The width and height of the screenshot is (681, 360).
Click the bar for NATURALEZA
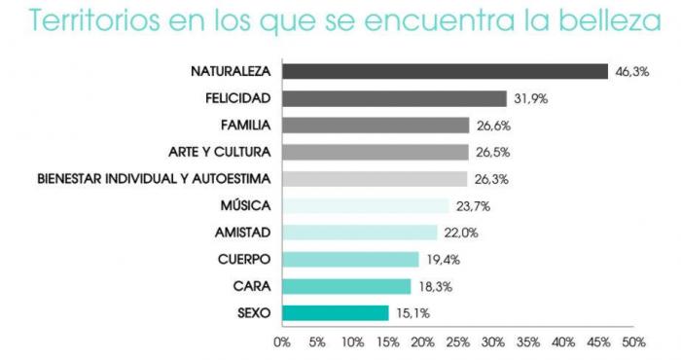coord(445,71)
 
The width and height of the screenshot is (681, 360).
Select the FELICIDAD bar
coord(394,98)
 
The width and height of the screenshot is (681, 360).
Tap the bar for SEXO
coord(335,313)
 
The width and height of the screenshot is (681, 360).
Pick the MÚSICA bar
coord(365,205)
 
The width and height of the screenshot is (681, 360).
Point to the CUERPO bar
coord(350,259)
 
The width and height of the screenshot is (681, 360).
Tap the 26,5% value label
coord(492,152)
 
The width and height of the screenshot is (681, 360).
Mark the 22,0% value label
coord(460,233)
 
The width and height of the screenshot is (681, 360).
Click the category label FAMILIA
coord(246,126)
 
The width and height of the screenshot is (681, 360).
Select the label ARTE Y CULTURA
coord(220,152)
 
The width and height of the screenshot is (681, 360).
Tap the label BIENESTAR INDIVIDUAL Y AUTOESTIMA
coord(154,179)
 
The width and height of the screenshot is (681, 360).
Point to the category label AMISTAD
coord(242,233)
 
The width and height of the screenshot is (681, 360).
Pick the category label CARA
coord(252,286)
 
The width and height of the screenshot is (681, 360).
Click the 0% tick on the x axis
coord(282,342)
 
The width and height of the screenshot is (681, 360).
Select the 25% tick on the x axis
coord(457,342)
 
